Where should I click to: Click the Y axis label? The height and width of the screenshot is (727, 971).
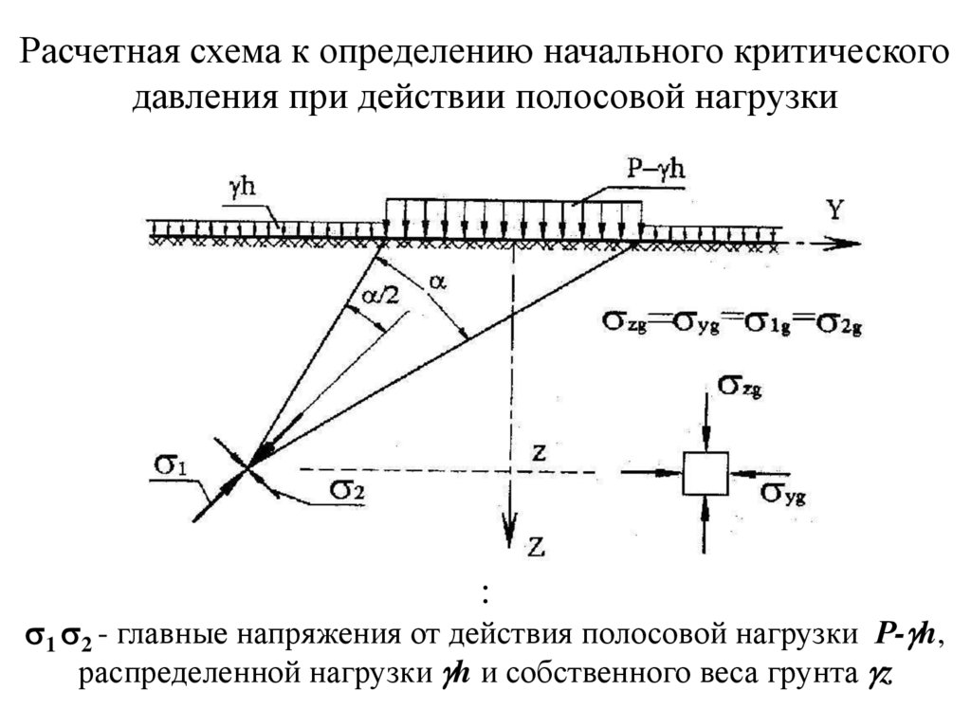pyautogui.click(x=834, y=210)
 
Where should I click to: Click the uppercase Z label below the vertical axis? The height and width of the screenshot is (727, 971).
pyautogui.click(x=536, y=545)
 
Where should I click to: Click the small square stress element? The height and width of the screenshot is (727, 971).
pyautogui.click(x=705, y=472)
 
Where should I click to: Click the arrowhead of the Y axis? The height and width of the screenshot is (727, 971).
pyautogui.click(x=850, y=244)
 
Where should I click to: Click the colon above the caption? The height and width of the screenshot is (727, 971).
pyautogui.click(x=485, y=594)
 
